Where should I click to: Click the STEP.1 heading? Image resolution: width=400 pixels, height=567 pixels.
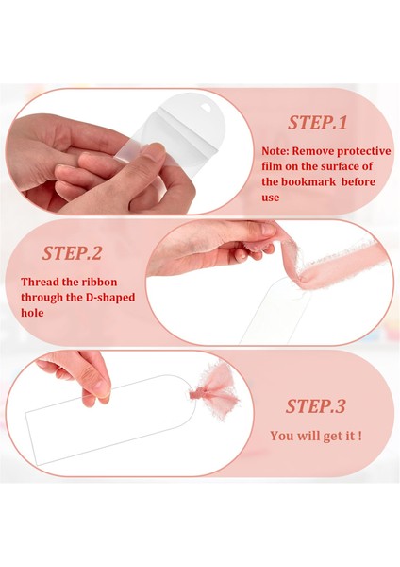317,123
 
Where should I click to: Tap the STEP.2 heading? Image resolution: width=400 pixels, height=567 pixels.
72,253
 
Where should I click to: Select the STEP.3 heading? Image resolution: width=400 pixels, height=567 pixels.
315,406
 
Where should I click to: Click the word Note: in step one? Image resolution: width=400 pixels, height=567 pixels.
275,151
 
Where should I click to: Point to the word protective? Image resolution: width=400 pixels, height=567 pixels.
364,151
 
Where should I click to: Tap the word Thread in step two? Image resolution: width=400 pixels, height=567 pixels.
39,282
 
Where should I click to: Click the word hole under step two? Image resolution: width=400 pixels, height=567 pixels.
32,313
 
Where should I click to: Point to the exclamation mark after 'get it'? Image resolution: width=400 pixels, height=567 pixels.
359,436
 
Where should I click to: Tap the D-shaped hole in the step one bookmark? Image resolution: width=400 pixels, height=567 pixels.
207,108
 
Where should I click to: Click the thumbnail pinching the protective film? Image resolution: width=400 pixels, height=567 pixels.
155,150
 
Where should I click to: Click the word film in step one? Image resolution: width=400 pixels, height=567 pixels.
272,166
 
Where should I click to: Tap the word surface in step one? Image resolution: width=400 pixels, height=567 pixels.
340,166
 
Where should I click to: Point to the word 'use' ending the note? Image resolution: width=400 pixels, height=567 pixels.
271,198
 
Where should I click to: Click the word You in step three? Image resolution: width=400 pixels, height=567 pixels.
281,436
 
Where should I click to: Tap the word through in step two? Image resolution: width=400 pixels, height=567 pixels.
42,298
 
